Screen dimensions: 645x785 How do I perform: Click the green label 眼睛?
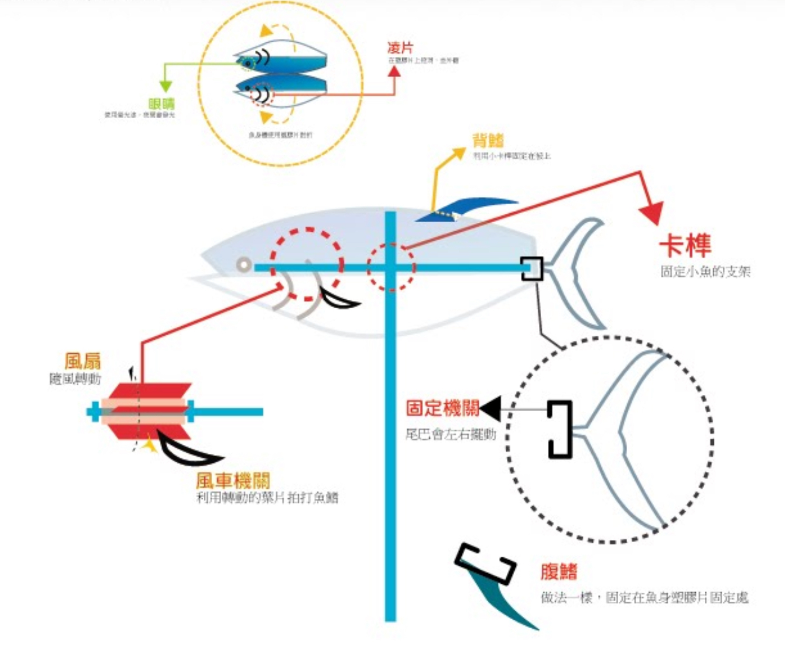pyautogui.click(x=161, y=103)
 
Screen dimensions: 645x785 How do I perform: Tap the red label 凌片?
pyautogui.click(x=400, y=48)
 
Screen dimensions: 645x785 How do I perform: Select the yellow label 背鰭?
pyautogui.click(x=488, y=140)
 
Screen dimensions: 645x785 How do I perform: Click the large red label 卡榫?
pyautogui.click(x=685, y=245)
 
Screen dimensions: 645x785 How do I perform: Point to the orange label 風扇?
pyautogui.click(x=82, y=361)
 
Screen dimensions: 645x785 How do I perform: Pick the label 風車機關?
pyautogui.click(x=233, y=480)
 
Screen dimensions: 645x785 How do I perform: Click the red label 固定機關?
pyautogui.click(x=442, y=408)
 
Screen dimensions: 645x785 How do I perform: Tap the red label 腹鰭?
pyautogui.click(x=559, y=572)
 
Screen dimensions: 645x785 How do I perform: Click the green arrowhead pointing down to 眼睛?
pyautogui.click(x=165, y=86)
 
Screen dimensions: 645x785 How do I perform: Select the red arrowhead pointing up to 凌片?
pyautogui.click(x=394, y=70)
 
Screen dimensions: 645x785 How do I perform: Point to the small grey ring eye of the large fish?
pyautogui.click(x=243, y=264)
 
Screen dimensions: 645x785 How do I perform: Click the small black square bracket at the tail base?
pyautogui.click(x=532, y=268)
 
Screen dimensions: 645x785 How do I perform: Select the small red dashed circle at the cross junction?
pyautogui.click(x=391, y=267)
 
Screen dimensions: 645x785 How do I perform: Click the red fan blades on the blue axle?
pyautogui.click(x=148, y=411)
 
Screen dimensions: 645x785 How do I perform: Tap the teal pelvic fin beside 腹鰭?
pyautogui.click(x=502, y=602)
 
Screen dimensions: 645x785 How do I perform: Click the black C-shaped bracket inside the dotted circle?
pyautogui.click(x=559, y=430)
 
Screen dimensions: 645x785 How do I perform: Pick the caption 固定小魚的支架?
pyautogui.click(x=705, y=272)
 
